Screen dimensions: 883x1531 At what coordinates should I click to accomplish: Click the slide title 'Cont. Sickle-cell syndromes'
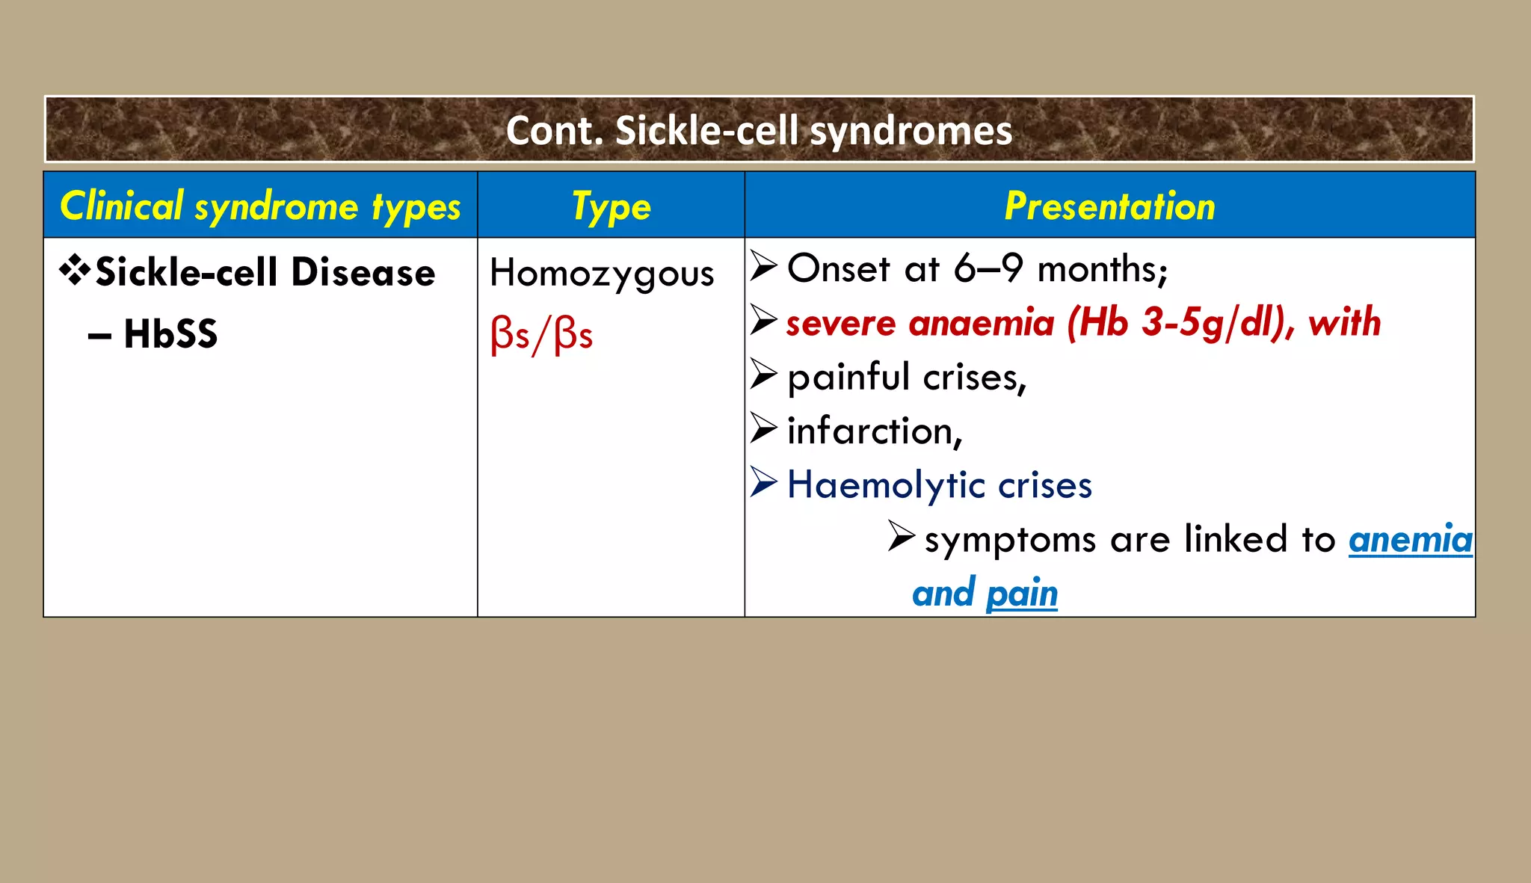(x=759, y=131)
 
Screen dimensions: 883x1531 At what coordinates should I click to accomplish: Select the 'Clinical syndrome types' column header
(x=260, y=206)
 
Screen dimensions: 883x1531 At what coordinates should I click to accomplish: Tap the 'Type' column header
(x=611, y=206)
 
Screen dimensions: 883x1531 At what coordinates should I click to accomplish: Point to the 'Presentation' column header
(x=1109, y=206)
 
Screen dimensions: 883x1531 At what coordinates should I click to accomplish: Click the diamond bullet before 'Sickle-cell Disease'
(x=76, y=271)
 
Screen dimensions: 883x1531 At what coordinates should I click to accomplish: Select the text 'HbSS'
(x=170, y=333)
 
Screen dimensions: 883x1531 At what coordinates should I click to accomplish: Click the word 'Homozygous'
(x=602, y=274)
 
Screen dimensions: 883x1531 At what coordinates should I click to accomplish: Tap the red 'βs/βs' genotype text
(x=542, y=333)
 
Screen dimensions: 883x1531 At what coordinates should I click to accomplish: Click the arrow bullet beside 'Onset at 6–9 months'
(x=764, y=266)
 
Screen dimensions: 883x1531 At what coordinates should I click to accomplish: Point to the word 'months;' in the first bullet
(x=1103, y=269)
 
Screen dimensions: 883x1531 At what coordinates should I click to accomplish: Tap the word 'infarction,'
(x=875, y=431)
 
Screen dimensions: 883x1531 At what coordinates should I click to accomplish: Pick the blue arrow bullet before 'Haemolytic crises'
(x=764, y=482)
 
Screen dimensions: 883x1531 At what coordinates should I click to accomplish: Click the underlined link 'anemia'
(x=1410, y=540)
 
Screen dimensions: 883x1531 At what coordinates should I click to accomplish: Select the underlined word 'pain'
(x=1021, y=594)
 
